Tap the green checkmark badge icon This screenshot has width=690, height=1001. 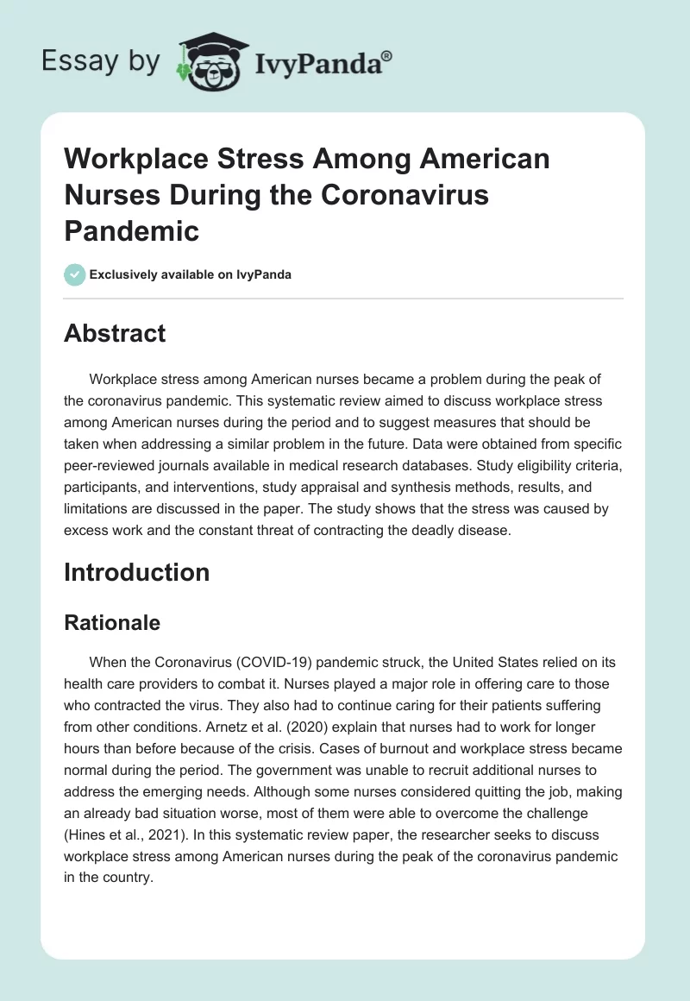(x=74, y=274)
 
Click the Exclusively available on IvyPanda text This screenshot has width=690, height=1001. (x=190, y=274)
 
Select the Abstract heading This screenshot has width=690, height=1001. (x=115, y=333)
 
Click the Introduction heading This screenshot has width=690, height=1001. (x=136, y=572)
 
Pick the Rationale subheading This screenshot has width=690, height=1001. (x=112, y=622)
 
